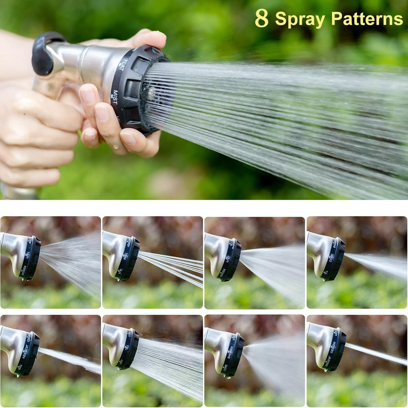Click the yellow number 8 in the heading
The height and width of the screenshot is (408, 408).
tap(262, 18)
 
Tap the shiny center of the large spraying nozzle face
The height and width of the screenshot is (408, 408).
tap(151, 94)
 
